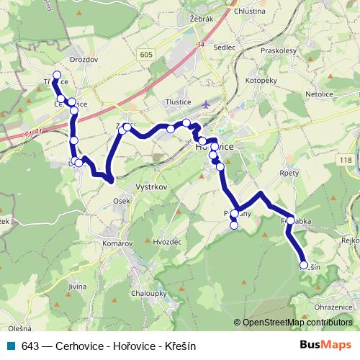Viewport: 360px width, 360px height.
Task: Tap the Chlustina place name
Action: point(250,12)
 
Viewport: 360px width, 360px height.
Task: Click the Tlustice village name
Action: point(177,102)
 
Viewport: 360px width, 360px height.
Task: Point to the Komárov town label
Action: point(117,245)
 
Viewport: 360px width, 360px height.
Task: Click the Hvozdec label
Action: point(167,243)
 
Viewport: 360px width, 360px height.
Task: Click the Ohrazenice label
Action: point(333,307)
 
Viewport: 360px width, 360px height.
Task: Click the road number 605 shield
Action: point(148,55)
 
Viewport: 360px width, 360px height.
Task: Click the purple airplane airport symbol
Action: point(207,104)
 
